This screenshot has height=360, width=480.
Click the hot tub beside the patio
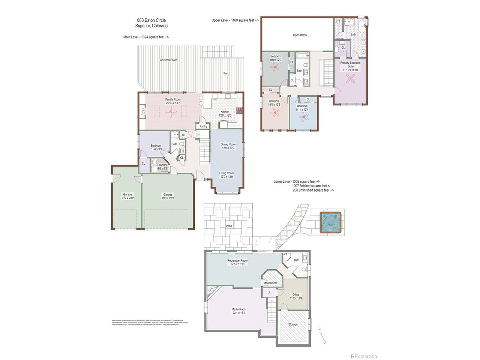point(331,223)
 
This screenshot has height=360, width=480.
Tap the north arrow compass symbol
point(322,336)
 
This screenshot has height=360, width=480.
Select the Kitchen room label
point(225,112)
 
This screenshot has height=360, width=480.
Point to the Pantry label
point(203,126)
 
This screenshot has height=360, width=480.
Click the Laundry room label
point(162,165)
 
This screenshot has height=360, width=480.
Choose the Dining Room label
point(228,144)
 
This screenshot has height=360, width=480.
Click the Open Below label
point(300,35)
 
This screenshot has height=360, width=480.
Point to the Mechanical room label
point(270,283)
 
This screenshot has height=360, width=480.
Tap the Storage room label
point(292,324)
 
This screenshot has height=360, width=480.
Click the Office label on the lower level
point(295,295)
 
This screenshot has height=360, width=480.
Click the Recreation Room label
point(237,260)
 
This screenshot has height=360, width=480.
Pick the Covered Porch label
point(168,60)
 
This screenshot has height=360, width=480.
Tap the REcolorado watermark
point(363,356)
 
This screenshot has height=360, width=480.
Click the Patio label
point(229,226)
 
